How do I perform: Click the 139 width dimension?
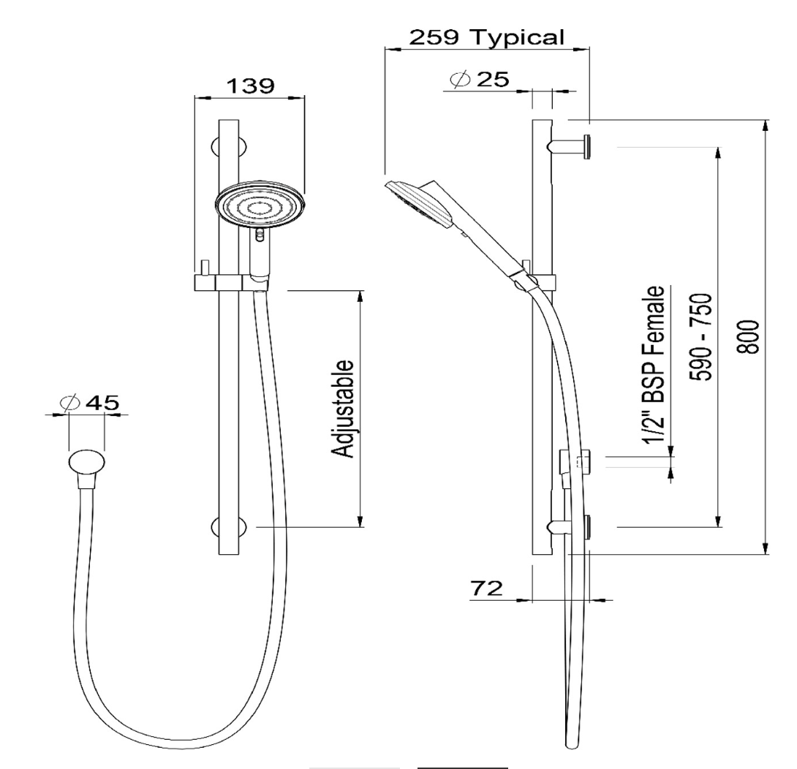[249, 86]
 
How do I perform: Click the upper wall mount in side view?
[574, 146]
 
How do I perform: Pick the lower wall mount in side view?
[574, 526]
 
